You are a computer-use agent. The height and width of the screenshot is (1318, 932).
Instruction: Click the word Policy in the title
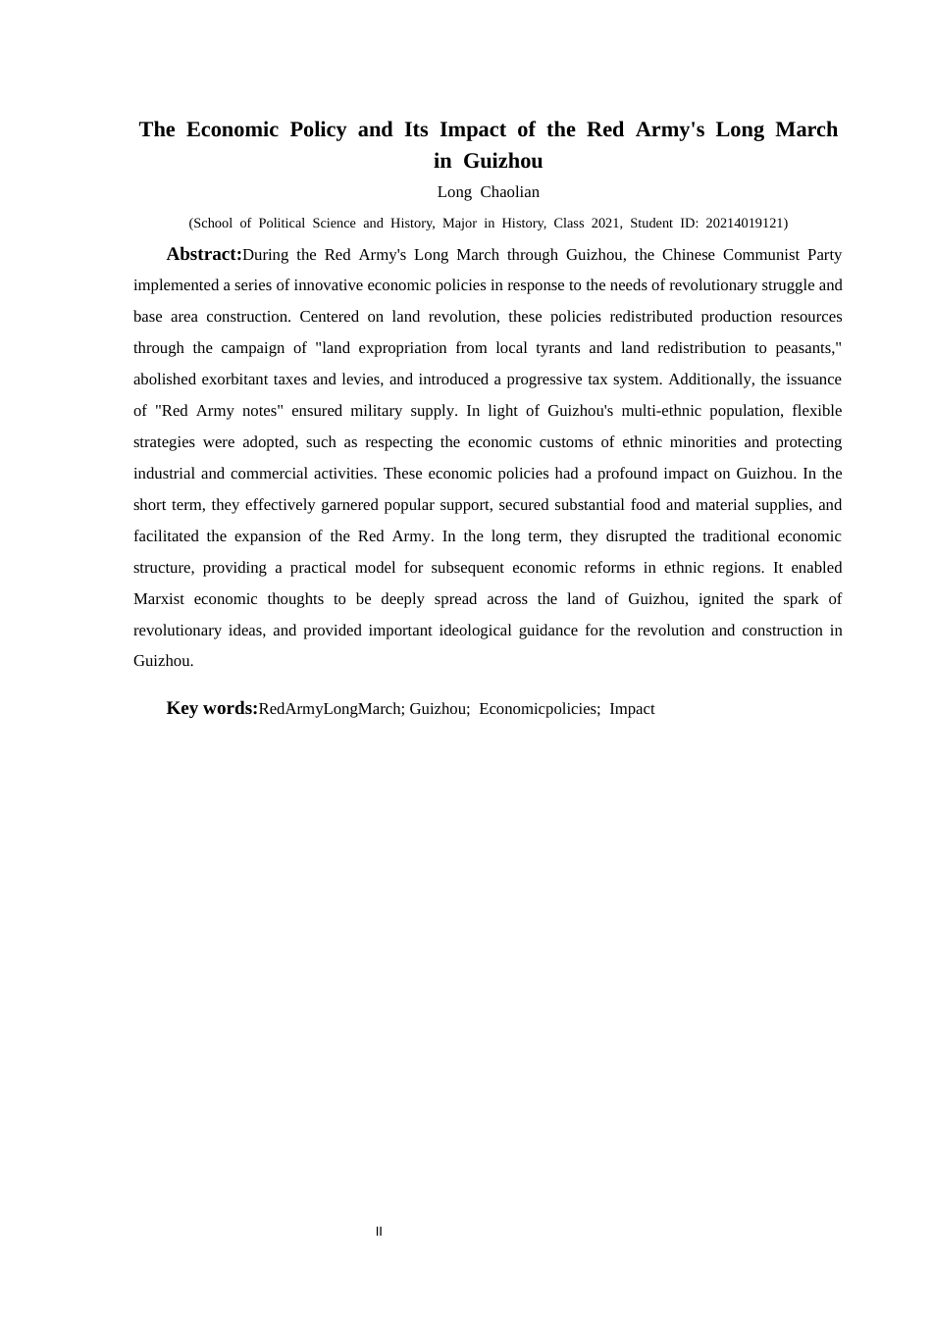[x=318, y=129]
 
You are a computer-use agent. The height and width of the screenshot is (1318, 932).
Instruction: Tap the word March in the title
[x=806, y=129]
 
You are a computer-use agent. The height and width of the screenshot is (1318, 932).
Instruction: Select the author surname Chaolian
[x=509, y=192]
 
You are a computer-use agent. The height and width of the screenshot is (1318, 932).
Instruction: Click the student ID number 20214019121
[x=744, y=224]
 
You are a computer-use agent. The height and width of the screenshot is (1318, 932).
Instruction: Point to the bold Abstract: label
[x=204, y=254]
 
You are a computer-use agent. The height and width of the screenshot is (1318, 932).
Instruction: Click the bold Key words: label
[x=212, y=708]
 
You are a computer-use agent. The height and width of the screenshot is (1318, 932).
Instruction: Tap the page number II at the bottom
[x=379, y=1232]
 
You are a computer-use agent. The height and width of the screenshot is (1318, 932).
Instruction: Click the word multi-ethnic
[x=663, y=411]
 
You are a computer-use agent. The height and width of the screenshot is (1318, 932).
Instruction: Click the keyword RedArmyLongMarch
[x=330, y=709]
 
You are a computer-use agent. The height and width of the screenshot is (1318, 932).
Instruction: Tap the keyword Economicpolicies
[x=538, y=709]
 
